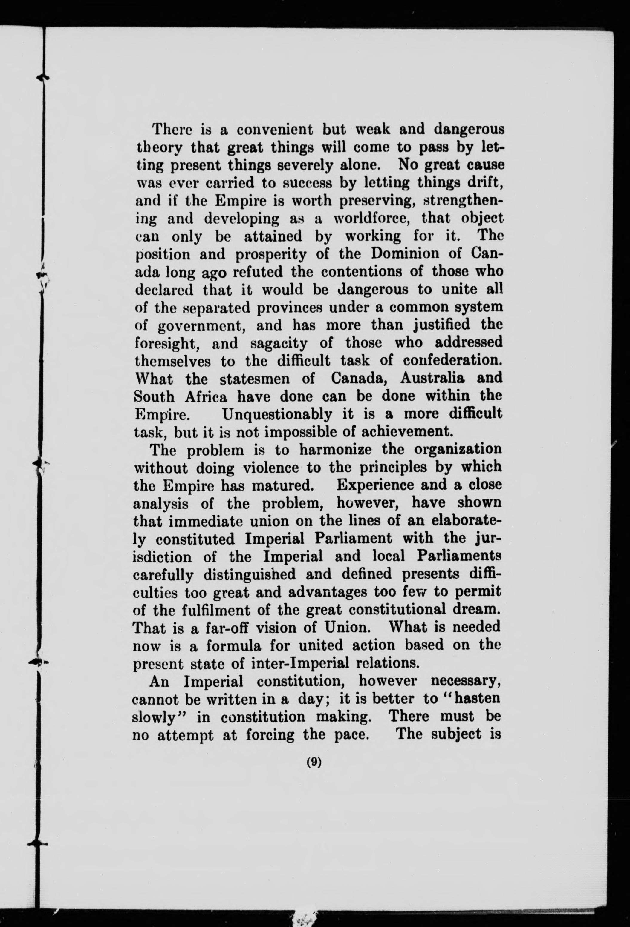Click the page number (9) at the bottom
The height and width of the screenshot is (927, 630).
point(314,762)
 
